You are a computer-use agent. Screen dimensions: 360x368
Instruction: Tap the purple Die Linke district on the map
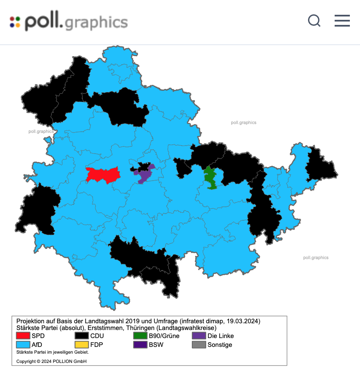click(x=144, y=173)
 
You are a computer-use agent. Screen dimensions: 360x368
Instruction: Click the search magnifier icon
click(x=314, y=21)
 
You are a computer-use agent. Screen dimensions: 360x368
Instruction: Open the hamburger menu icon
click(x=342, y=21)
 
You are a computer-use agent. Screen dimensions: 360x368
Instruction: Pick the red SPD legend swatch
click(x=23, y=336)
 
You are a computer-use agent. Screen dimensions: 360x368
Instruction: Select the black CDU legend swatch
click(x=82, y=336)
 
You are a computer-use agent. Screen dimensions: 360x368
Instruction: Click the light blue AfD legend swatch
click(x=23, y=344)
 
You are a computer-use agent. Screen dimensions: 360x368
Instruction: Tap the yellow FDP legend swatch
click(x=82, y=344)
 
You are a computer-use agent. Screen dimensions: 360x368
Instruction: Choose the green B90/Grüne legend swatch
click(x=140, y=336)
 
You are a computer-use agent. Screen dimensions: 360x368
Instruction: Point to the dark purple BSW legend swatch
click(x=140, y=344)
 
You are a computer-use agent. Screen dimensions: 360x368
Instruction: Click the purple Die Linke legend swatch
click(x=199, y=336)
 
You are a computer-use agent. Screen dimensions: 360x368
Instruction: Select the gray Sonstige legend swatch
click(x=199, y=344)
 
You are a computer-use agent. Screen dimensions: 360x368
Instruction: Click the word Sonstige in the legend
click(x=220, y=344)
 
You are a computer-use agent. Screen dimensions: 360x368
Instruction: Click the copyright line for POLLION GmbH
click(x=52, y=361)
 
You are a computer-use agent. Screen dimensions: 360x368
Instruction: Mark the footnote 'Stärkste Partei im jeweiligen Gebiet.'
click(x=52, y=352)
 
